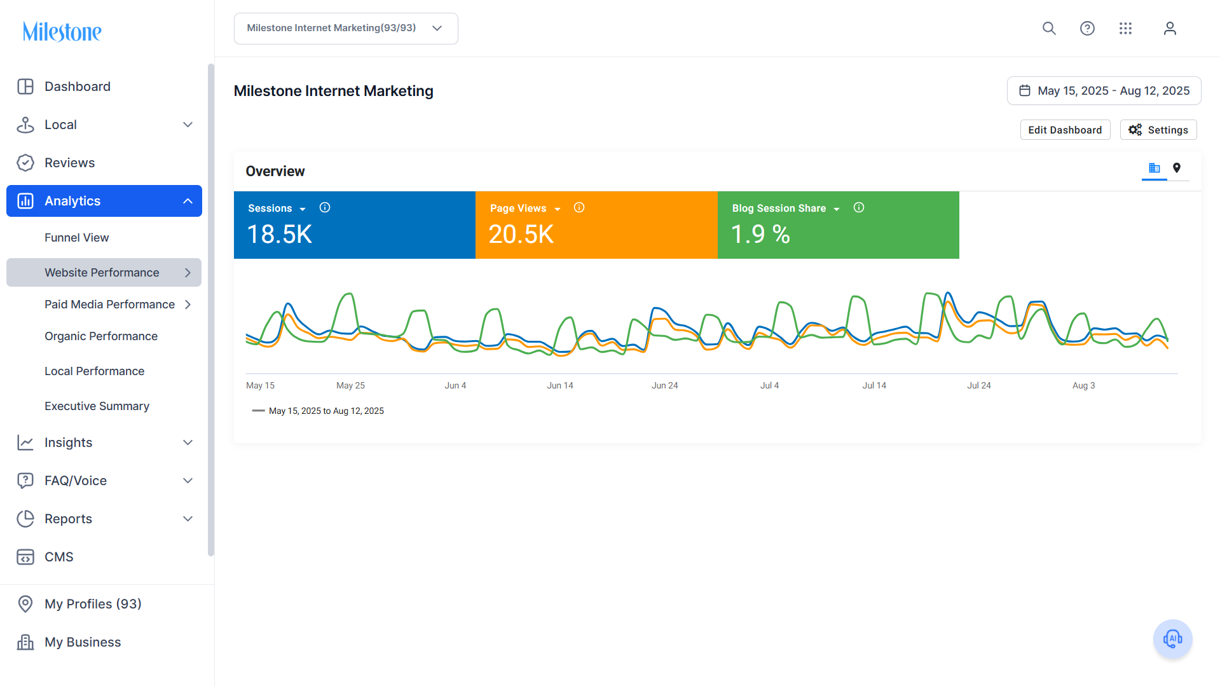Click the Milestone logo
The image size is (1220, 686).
pyautogui.click(x=62, y=31)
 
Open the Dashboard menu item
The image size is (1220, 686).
pyautogui.click(x=77, y=86)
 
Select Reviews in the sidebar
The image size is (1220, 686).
pyautogui.click(x=69, y=163)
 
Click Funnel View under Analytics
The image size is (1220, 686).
pyautogui.click(x=76, y=238)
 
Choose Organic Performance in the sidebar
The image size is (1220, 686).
pyautogui.click(x=101, y=336)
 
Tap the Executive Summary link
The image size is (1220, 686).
pyautogui.click(x=97, y=406)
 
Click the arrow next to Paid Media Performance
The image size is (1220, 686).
pyautogui.click(x=188, y=305)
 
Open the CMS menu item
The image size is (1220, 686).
pyautogui.click(x=58, y=557)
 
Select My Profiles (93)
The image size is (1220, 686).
pyautogui.click(x=93, y=604)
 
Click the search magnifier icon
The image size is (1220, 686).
pyautogui.click(x=1049, y=29)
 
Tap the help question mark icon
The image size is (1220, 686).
pyautogui.click(x=1087, y=29)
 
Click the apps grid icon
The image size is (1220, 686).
pyautogui.click(x=1125, y=29)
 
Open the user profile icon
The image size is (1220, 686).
pyautogui.click(x=1170, y=29)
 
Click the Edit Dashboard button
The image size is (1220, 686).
pyautogui.click(x=1065, y=130)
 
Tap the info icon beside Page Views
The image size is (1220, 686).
pyautogui.click(x=579, y=208)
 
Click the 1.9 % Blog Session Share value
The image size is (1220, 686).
pyautogui.click(x=760, y=235)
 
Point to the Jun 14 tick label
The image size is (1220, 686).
pyautogui.click(x=560, y=385)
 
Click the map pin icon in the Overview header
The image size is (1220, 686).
pyautogui.click(x=1177, y=168)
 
